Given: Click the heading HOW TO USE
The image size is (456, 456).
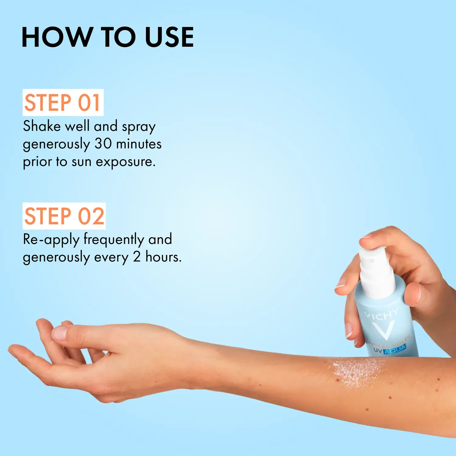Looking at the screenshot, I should click(108, 37).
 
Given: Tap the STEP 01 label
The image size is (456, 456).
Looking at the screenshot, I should click(63, 102).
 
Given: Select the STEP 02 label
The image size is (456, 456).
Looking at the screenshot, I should click(64, 216).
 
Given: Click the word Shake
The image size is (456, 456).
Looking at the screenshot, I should click(42, 126).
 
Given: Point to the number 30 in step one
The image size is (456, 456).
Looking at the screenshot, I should click(103, 144).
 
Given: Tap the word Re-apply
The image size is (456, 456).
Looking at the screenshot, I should click(51, 240).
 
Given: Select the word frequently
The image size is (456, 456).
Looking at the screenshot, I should click(114, 240).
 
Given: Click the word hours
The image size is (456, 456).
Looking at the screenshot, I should click(163, 257).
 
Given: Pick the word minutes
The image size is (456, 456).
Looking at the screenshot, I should click(139, 144).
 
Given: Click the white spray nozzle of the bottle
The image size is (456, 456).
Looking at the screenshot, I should click(376, 271).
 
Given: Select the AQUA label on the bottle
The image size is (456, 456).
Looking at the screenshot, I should click(395, 350).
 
